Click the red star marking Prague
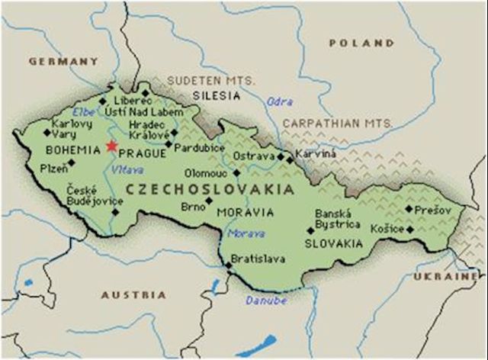click(112, 146)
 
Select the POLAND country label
click(361, 43)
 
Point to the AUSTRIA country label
click(133, 294)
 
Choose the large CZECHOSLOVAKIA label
click(210, 188)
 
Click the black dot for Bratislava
click(227, 265)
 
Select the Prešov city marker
click(409, 208)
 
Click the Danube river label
click(266, 300)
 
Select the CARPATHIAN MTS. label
click(338, 122)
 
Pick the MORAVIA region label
click(245, 211)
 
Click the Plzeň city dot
click(72, 162)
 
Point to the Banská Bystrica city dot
click(310, 230)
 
